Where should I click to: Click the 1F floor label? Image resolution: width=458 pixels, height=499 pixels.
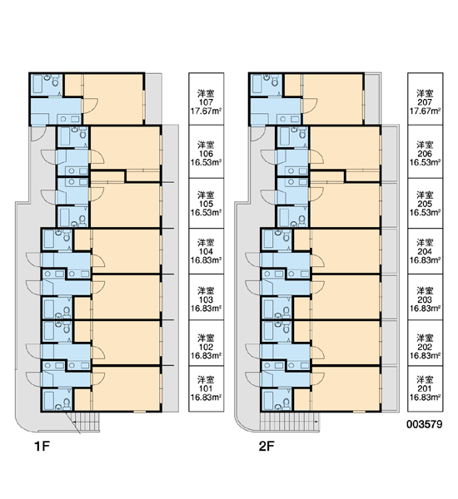[x=42, y=446]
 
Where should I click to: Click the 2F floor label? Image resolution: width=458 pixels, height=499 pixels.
[x=266, y=446]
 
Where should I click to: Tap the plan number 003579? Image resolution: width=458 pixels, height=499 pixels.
[x=424, y=424]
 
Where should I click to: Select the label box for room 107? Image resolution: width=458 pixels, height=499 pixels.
[x=207, y=99]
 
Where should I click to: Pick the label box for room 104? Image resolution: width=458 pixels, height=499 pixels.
[x=207, y=251]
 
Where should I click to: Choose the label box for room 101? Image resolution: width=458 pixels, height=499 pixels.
[x=207, y=388]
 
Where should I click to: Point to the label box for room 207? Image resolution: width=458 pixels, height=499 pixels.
[x=426, y=99]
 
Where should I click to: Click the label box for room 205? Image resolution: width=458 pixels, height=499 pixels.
[x=426, y=203]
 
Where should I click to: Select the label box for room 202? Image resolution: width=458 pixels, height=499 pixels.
[x=426, y=343]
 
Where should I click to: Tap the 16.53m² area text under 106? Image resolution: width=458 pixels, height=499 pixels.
[x=207, y=163]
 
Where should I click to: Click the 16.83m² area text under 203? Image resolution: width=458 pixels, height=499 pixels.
[x=426, y=309]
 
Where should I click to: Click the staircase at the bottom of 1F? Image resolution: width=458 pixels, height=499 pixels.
[x=83, y=422]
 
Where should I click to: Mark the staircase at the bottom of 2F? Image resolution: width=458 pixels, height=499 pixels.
[x=290, y=422]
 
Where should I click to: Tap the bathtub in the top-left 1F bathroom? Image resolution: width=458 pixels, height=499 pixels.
[x=38, y=84]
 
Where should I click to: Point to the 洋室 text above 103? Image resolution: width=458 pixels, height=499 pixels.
[x=206, y=291]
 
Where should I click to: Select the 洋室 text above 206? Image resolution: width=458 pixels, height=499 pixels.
[x=425, y=145]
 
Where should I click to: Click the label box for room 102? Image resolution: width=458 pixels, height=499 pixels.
[x=207, y=343]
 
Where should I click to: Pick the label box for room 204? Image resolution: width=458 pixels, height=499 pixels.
[x=426, y=251]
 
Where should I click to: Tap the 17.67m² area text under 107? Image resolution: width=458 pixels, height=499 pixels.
[x=207, y=111]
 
